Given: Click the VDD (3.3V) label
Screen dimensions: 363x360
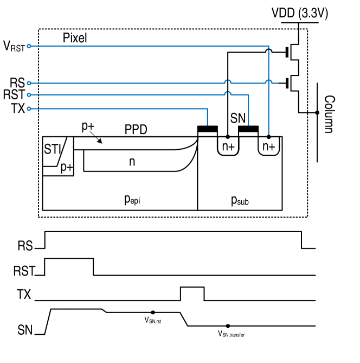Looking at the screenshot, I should click(x=299, y=14).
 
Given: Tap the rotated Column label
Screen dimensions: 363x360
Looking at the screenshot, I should click(x=329, y=114).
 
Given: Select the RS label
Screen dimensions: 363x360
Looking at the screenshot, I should click(x=25, y=246).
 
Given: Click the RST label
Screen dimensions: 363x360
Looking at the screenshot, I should click(x=25, y=271).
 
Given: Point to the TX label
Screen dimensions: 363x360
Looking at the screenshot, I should click(x=24, y=295).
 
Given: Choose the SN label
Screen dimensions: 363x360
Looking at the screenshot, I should click(x=25, y=329).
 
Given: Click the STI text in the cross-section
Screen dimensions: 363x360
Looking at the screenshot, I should click(x=52, y=148).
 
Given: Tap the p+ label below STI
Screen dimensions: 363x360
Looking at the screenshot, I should click(x=67, y=167).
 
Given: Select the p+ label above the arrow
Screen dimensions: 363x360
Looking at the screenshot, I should click(x=88, y=126).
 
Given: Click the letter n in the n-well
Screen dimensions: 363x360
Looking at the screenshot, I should click(x=132, y=161).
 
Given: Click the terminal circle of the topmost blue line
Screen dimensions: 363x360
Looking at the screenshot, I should click(x=29, y=46).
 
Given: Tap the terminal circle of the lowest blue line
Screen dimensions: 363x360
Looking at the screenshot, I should click(x=29, y=109).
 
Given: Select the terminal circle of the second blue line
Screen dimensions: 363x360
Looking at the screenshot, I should click(x=29, y=83).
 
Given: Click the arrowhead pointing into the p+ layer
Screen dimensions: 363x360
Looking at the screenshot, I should click(x=100, y=142).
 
